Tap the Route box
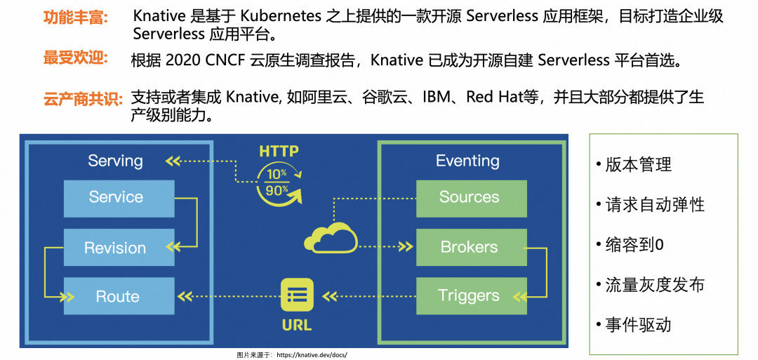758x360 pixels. click(x=119, y=296)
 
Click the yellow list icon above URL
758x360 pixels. click(x=297, y=295)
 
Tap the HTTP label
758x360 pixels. click(x=279, y=151)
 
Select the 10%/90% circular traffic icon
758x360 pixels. click(x=279, y=182)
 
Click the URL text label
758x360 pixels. click(x=297, y=326)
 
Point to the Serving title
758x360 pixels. click(x=115, y=161)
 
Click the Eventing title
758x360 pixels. click(x=467, y=161)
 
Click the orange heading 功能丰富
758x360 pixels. click(x=76, y=18)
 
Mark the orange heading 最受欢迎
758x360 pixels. click(x=76, y=58)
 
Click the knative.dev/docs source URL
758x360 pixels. click(x=312, y=355)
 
